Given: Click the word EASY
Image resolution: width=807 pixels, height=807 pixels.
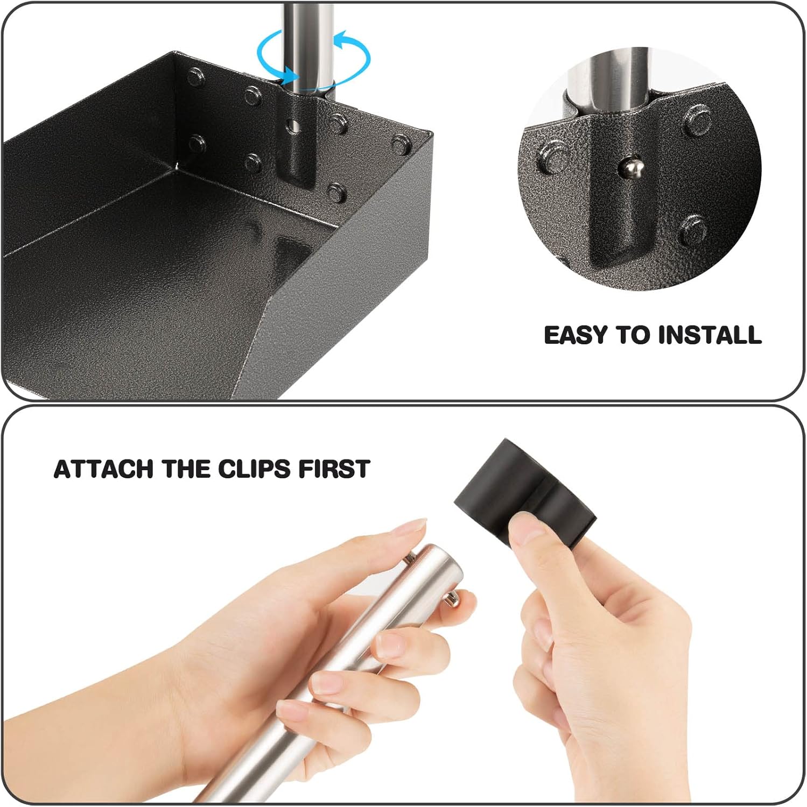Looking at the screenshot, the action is (576, 335).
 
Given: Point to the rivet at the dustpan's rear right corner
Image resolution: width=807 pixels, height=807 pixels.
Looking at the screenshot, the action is (401, 145).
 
